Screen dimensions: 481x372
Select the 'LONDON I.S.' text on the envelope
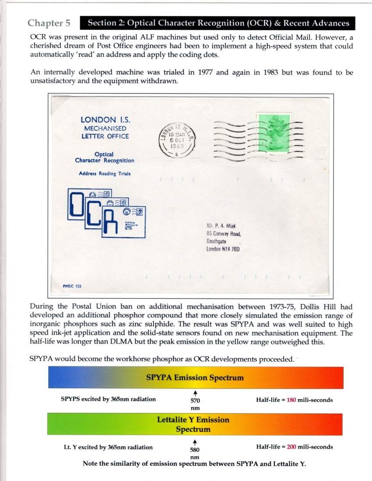coord(105,120)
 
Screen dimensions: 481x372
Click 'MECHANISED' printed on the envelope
coord(105,129)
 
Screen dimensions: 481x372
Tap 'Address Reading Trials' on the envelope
coord(105,173)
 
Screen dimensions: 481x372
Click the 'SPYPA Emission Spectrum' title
coord(195,377)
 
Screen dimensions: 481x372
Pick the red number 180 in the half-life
coord(292,400)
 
